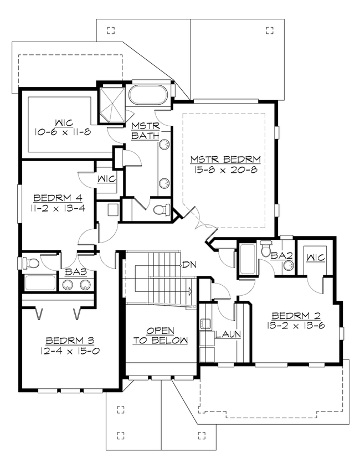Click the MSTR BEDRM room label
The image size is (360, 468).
(225, 160)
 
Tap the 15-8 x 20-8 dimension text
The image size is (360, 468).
(225, 170)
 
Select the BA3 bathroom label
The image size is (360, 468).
(73, 273)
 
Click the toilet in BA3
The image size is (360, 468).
(32, 263)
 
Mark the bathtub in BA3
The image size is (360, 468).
(40, 283)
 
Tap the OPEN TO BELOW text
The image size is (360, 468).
(160, 335)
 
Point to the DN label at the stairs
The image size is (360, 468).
(188, 264)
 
